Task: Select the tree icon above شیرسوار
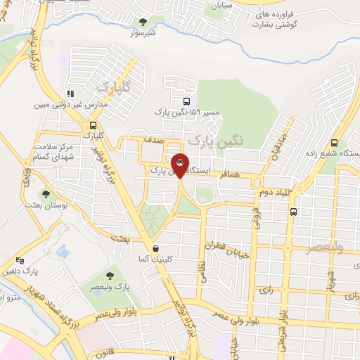point(145,22)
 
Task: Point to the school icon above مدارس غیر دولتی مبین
point(70,93)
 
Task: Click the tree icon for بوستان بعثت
point(46,194)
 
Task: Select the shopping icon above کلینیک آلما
point(155,248)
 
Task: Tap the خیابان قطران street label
point(228,247)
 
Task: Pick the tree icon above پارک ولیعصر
point(110,276)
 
